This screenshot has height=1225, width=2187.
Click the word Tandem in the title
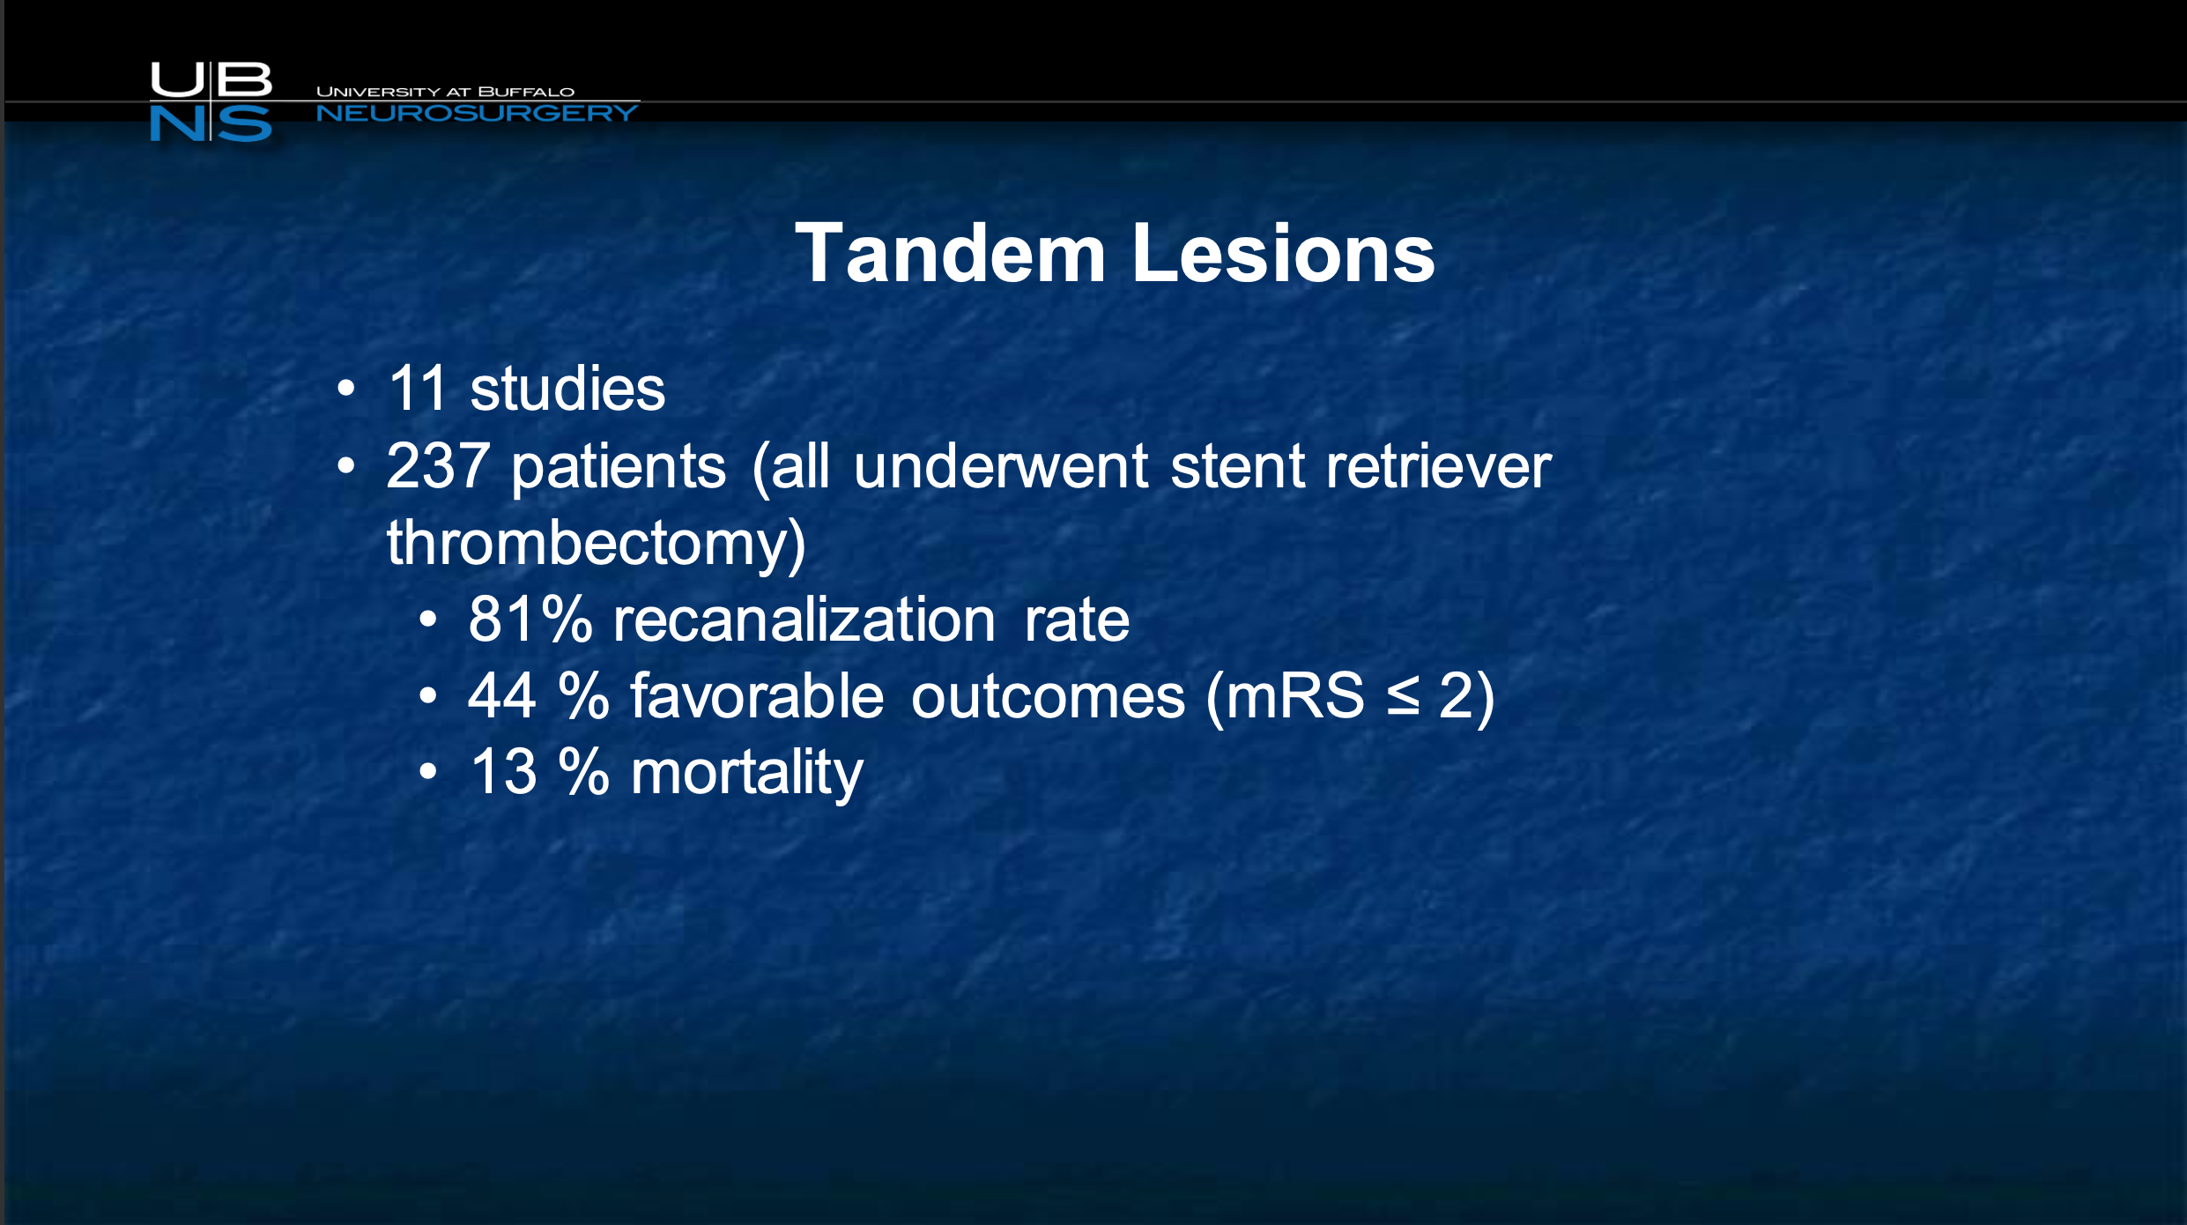click(951, 254)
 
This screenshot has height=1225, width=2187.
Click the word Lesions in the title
click(1284, 254)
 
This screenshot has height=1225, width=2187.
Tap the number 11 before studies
click(418, 389)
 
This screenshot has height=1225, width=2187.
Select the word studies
click(567, 389)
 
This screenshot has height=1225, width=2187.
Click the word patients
click(619, 467)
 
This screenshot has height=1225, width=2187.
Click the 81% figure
click(530, 619)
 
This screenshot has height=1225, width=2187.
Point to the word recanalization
click(804, 619)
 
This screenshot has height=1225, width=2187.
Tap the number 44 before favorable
click(501, 695)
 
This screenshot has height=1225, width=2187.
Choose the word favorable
click(757, 695)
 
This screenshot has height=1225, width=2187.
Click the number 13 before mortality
click(503, 772)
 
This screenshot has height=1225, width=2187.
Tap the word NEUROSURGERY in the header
click(477, 114)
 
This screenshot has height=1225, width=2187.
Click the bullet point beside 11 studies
click(346, 389)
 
